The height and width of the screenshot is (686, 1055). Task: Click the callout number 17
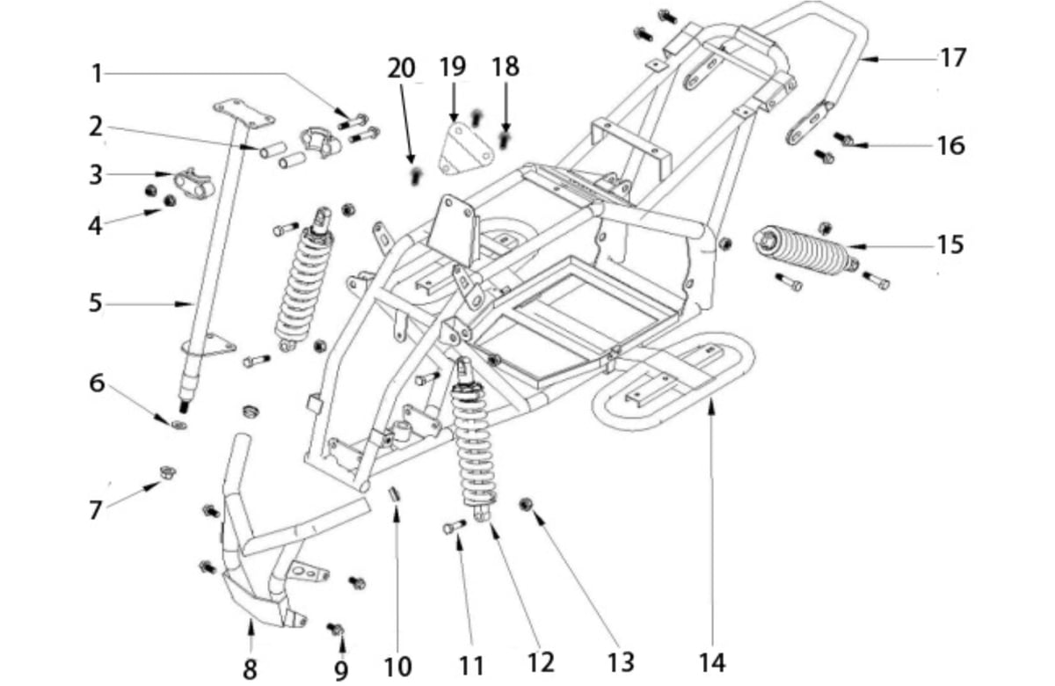[x=953, y=58]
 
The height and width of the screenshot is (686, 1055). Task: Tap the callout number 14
[x=711, y=662]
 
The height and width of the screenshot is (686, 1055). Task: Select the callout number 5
[x=96, y=303]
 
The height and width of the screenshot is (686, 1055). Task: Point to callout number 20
[x=401, y=68]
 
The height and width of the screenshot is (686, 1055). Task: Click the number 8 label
[x=250, y=668]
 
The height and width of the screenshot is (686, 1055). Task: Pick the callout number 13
[x=622, y=662]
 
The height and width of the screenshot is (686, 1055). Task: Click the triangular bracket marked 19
[x=466, y=149]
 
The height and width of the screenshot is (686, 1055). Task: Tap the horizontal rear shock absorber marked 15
[x=805, y=250]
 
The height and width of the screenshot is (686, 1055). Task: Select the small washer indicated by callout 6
[x=178, y=425]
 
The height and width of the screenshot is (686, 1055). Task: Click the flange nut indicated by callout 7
[x=167, y=471]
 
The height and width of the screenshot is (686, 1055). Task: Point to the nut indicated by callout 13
[x=526, y=505]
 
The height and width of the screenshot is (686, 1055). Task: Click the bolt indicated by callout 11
[x=454, y=527]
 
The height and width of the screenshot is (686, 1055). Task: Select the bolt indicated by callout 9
[x=336, y=628]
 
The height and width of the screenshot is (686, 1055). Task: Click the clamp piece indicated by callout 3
[x=194, y=183]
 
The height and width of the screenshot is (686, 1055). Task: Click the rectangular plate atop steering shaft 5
[x=244, y=113]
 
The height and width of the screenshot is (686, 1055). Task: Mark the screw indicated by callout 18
[x=505, y=140]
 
